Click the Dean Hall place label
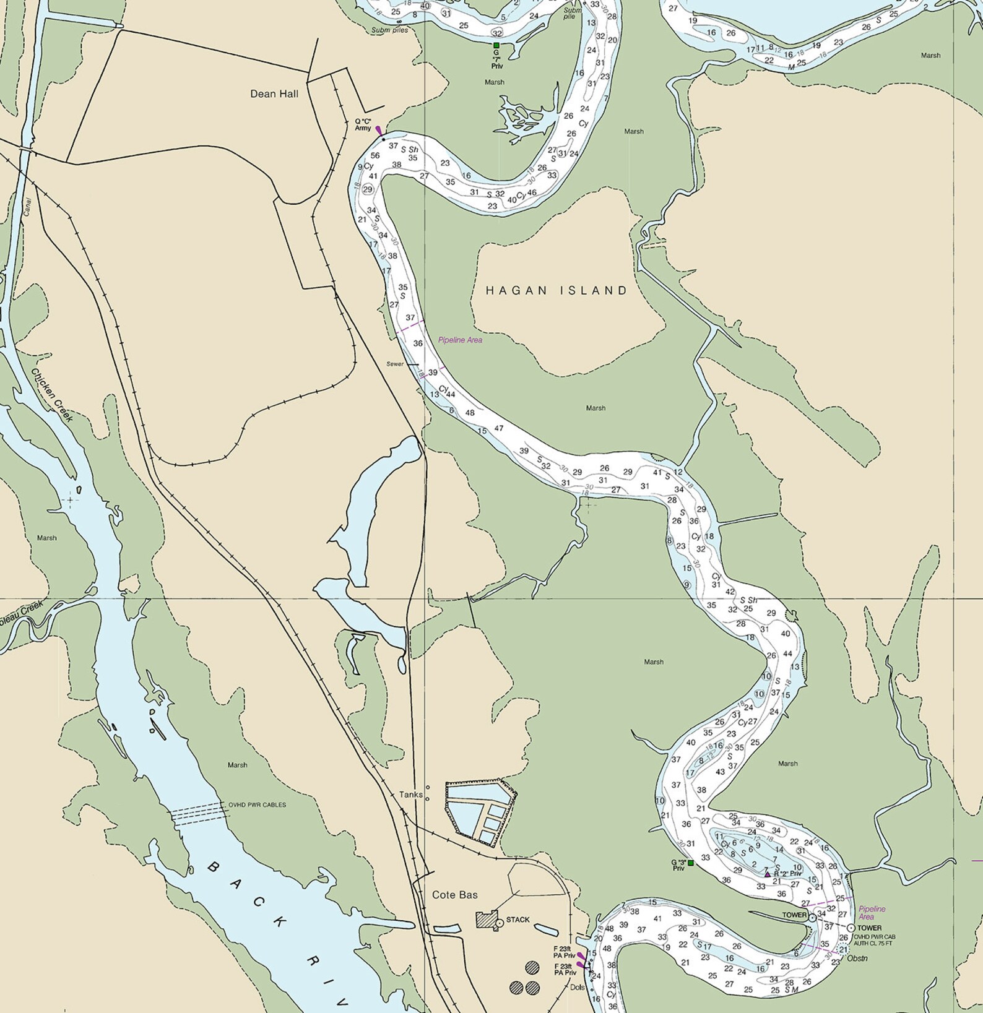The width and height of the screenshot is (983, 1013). [x=274, y=93]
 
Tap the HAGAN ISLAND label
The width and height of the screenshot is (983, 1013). [x=556, y=290]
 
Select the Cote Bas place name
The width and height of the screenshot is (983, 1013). [x=455, y=895]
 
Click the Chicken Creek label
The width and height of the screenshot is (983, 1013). [x=53, y=395]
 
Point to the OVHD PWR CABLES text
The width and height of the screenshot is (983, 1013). [x=257, y=804]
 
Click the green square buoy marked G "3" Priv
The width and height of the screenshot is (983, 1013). [x=691, y=863]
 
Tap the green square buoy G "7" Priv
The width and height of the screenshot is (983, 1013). [x=496, y=45]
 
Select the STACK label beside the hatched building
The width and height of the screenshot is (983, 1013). [x=517, y=920]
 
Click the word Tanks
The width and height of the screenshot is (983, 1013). [x=411, y=795]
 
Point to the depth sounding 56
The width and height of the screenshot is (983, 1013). [x=375, y=155]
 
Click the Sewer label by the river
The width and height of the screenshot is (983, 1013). [x=395, y=364]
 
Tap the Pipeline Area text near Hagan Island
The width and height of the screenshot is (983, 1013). [x=460, y=340]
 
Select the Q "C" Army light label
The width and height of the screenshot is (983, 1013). [x=363, y=124]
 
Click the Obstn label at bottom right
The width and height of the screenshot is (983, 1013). [x=857, y=959]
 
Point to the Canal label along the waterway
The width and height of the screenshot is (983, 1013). [x=27, y=206]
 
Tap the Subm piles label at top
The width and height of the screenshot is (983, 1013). [x=389, y=30]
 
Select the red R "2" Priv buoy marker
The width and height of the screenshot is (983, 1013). [x=768, y=874]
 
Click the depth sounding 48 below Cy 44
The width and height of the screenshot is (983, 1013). [x=470, y=413]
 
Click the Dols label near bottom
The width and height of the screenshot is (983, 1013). [x=577, y=988]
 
